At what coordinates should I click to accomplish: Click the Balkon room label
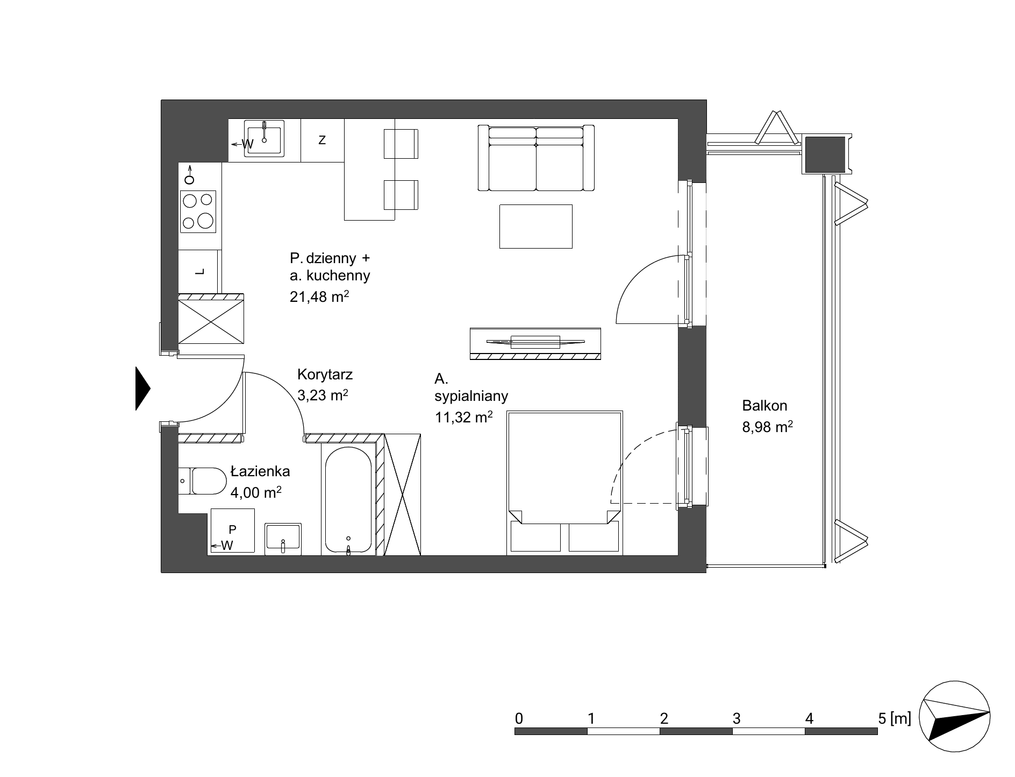(764, 405)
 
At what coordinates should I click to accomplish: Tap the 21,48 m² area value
(320, 296)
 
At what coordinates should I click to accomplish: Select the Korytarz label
(325, 374)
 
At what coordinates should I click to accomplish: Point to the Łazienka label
(260, 471)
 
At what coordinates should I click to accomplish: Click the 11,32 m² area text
(464, 417)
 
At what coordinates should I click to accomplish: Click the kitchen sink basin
(265, 138)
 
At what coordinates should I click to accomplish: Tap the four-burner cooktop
(198, 211)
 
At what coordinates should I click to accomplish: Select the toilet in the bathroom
(203, 481)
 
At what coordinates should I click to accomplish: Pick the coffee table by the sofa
(536, 226)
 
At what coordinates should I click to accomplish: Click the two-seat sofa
(536, 158)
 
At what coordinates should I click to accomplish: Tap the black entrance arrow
(143, 388)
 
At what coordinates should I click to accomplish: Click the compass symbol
(955, 718)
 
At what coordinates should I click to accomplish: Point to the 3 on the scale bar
(737, 718)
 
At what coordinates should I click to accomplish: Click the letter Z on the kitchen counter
(322, 140)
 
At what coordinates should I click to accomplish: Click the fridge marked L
(200, 272)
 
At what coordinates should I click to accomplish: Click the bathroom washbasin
(283, 539)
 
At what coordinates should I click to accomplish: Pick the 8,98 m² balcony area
(768, 427)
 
